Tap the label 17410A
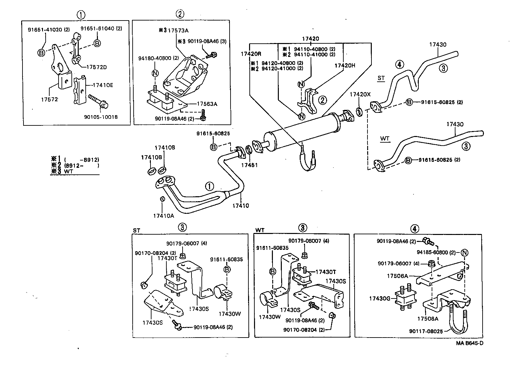click(163, 216)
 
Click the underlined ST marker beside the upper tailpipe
click(381, 78)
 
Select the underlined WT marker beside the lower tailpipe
click(385, 139)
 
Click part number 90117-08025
click(426, 331)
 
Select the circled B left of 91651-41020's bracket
click(41, 52)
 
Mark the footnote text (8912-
click(74, 165)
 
